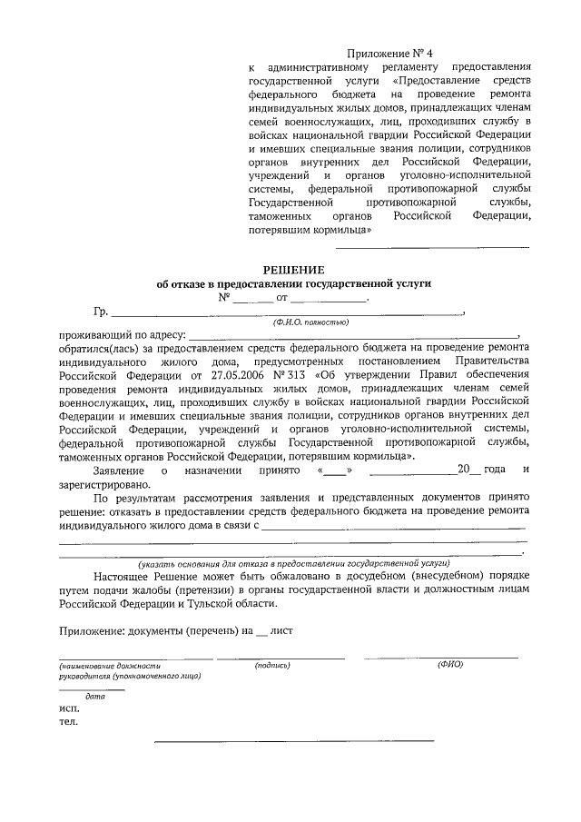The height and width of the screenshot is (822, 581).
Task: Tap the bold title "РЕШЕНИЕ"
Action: [x=292, y=269]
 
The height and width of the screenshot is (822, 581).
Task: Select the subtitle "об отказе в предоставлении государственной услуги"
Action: [x=292, y=283]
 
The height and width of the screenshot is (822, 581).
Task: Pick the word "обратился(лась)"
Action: [x=98, y=349]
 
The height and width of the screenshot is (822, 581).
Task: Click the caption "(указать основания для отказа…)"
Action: [x=293, y=563]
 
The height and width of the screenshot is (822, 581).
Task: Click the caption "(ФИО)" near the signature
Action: [x=450, y=665]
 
